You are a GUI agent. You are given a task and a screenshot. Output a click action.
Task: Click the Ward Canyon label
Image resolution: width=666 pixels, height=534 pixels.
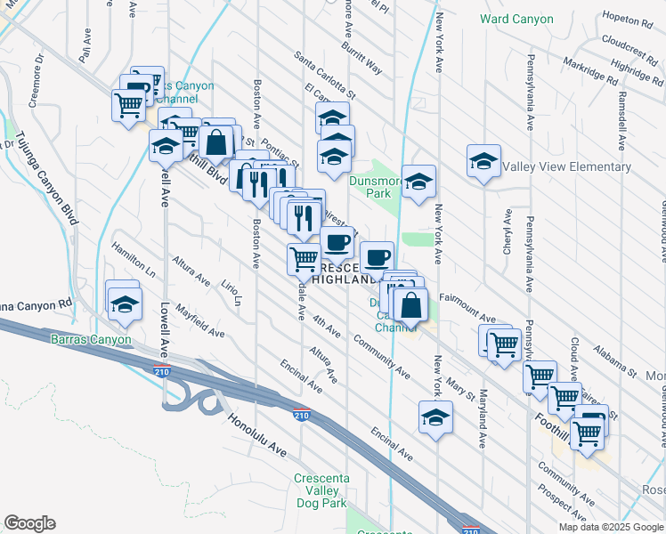pos(518,18)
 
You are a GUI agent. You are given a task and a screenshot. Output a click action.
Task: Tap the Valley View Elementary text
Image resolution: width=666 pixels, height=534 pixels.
pos(566,166)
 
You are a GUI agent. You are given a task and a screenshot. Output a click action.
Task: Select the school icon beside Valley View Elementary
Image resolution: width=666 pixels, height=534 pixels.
pos(483,162)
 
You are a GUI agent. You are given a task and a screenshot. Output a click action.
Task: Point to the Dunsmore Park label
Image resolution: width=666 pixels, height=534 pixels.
pos(370,186)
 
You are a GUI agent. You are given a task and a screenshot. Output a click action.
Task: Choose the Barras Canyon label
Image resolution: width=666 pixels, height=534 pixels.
pos(91,339)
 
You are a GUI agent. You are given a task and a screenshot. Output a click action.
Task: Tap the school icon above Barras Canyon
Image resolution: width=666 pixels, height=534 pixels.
pos(125,303)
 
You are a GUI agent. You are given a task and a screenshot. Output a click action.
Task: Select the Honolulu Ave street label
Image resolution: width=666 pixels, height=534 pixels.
pos(256,436)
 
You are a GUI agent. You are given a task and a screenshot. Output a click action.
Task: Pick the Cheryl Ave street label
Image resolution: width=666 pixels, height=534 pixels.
pos(507,233)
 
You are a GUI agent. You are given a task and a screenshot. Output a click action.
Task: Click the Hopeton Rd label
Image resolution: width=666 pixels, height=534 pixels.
pos(628,18)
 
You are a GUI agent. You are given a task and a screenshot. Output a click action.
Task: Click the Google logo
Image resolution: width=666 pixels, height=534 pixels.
pos(29,523)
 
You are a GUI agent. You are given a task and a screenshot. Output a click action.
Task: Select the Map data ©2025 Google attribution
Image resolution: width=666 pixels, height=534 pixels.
pos(611,527)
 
